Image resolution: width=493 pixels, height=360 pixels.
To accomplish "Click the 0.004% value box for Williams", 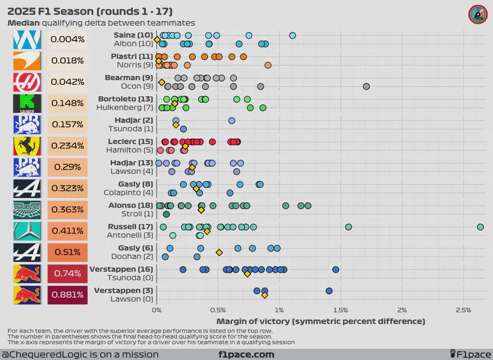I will coord(67,40).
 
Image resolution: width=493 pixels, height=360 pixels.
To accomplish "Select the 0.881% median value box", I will coord(67,294).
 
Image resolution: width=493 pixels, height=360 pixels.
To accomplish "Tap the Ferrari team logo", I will coord(28,146).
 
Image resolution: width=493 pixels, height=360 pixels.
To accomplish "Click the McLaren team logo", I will coord(28,61).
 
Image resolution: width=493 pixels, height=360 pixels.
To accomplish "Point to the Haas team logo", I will coord(28,83).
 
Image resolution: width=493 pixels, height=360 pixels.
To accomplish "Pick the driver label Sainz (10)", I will coord(132,35).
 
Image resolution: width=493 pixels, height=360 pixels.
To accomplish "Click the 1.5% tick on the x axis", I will coord(341,309).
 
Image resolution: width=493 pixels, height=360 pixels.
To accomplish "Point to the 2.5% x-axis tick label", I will coord(463,309).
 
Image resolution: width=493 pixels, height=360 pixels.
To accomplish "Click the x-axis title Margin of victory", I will coord(321,321).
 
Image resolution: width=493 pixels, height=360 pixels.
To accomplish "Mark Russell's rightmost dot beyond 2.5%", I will coord(480,227).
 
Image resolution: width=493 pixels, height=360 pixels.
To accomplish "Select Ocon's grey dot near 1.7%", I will coord(367,86).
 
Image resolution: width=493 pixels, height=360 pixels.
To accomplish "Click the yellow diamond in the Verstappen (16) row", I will coord(247,273).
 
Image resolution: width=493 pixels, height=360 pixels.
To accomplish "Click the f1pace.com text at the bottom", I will coord(246,354).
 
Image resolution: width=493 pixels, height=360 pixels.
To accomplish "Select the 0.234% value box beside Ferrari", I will coord(67,146).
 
